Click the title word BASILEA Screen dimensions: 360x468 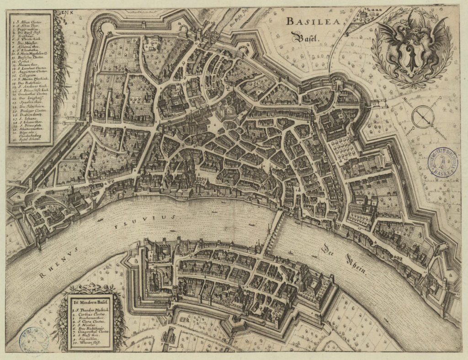[x=310, y=21]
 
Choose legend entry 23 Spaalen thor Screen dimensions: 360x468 [x=27, y=102]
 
